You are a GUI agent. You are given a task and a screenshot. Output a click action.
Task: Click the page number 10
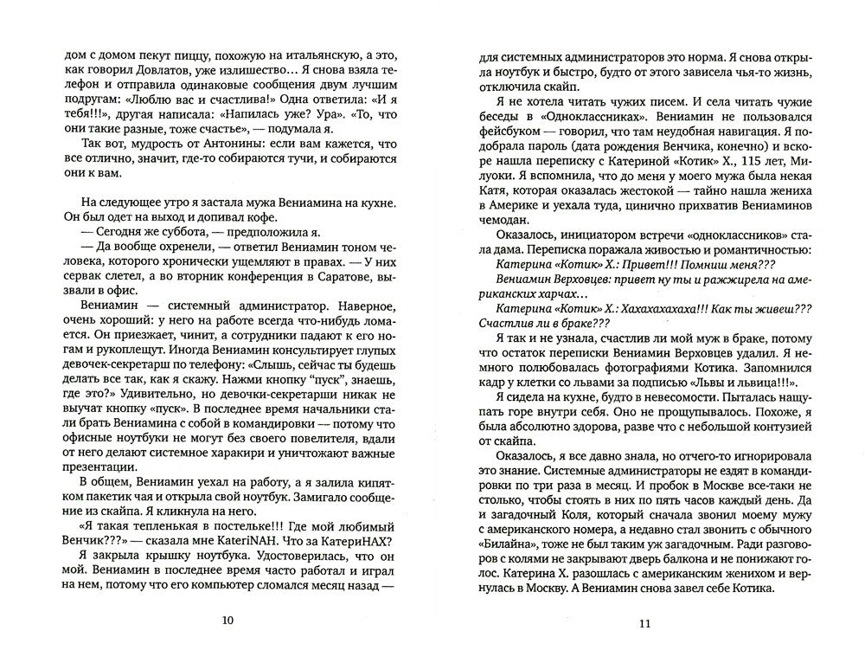tap(227, 620)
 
